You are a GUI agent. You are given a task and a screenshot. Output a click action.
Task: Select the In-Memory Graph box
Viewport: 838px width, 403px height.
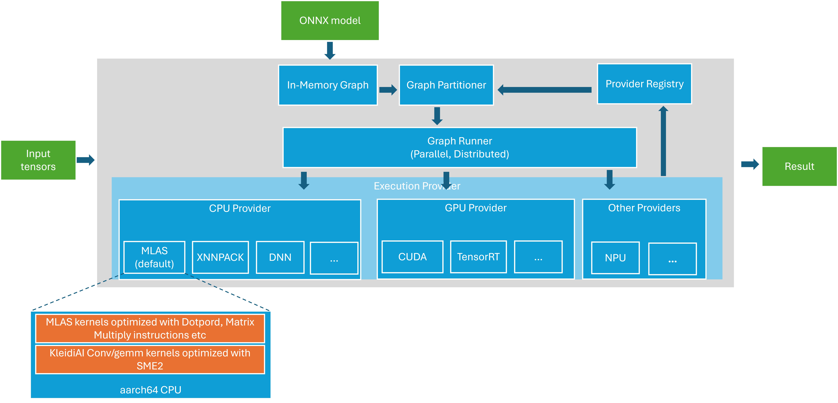pyautogui.click(x=328, y=85)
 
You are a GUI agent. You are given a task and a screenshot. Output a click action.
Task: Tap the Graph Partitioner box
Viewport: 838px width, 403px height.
pyautogui.click(x=446, y=85)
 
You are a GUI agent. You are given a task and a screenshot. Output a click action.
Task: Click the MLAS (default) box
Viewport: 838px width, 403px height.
pyautogui.click(x=154, y=257)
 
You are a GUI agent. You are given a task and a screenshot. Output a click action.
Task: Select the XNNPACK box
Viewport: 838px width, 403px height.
pyautogui.click(x=220, y=257)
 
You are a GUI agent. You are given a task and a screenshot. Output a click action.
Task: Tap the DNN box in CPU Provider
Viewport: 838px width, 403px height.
pyautogui.click(x=280, y=257)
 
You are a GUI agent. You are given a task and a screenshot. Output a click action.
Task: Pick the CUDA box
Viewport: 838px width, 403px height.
pyautogui.click(x=412, y=257)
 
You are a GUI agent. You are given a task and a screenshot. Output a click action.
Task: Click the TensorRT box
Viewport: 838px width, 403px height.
pyautogui.click(x=478, y=257)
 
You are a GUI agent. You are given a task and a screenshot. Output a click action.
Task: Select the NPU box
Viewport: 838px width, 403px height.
pyautogui.click(x=615, y=258)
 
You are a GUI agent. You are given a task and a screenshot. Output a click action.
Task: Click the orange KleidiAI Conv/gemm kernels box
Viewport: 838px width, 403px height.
pyautogui.click(x=150, y=359)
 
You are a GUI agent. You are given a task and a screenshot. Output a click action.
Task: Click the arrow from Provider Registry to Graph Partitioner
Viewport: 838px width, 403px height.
pyautogui.click(x=545, y=90)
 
